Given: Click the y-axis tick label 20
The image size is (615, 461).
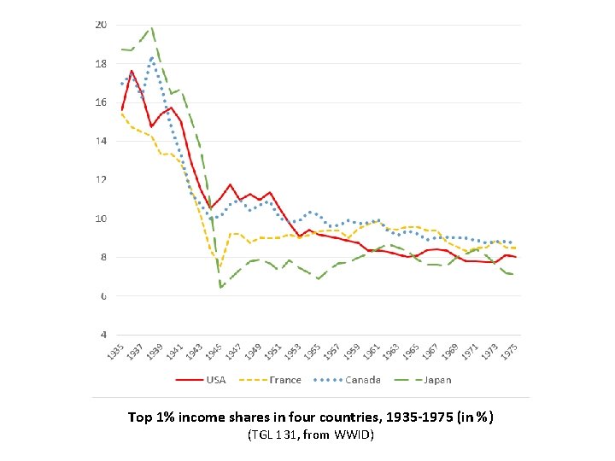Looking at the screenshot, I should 100,25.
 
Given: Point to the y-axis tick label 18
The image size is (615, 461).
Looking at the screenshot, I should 100,63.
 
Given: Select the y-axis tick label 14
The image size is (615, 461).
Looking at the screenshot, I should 100,141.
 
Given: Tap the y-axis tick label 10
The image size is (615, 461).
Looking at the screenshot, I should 100,219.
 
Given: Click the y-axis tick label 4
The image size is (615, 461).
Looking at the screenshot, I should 102,335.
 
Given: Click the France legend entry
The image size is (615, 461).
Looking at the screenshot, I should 285,380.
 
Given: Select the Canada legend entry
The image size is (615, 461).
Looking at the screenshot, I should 363,380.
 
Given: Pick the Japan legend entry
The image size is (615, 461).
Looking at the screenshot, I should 436,380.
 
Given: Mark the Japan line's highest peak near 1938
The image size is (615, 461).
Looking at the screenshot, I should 151,28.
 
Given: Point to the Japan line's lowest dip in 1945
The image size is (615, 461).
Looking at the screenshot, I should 221,288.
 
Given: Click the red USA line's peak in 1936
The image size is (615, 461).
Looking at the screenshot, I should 132,71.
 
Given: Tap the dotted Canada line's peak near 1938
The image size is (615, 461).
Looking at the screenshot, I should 152,58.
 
